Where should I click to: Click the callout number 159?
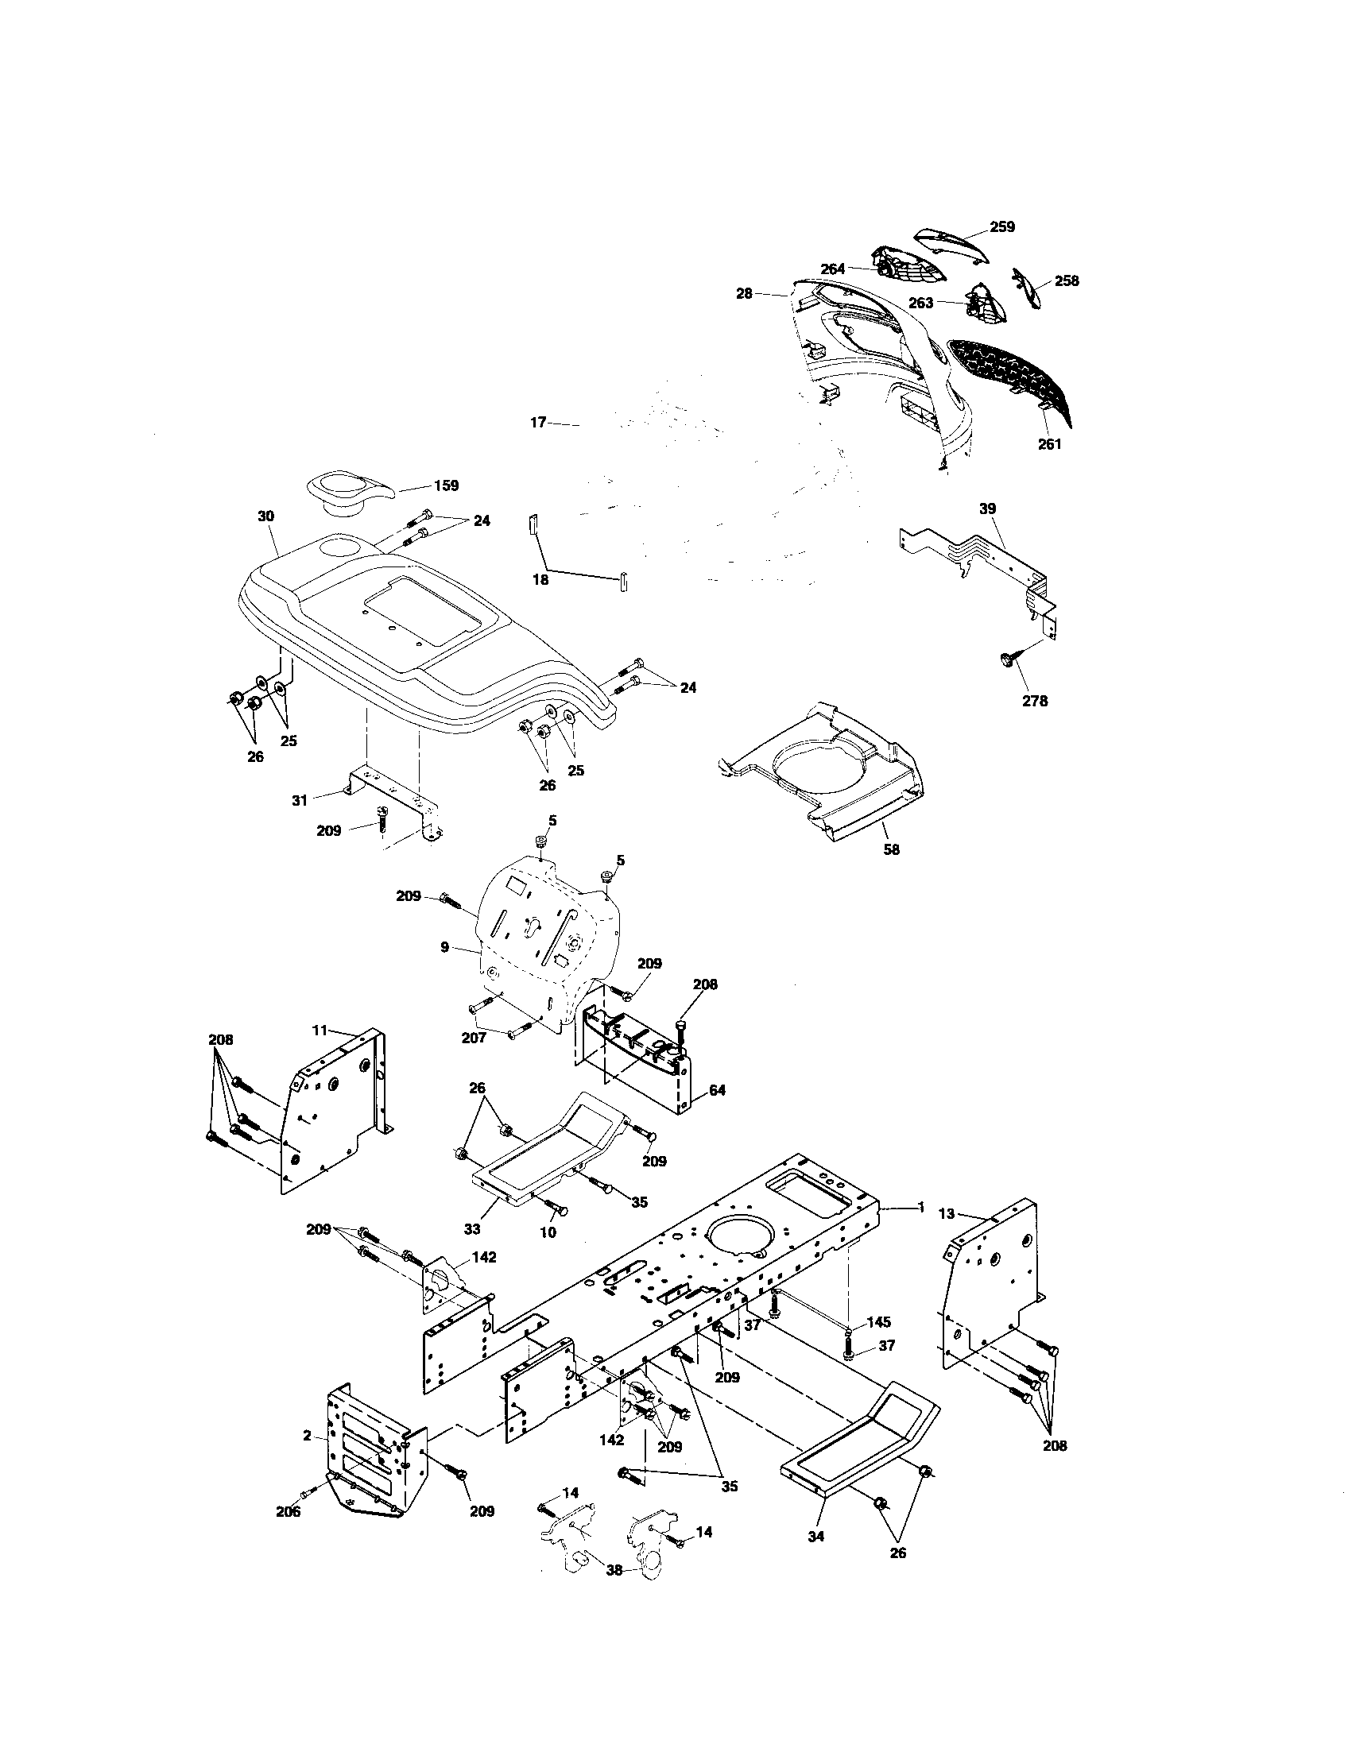(446, 485)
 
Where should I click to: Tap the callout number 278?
(1034, 701)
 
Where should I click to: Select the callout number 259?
(1002, 226)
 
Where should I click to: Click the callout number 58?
(891, 849)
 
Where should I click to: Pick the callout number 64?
(717, 1090)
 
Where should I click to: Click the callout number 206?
(289, 1511)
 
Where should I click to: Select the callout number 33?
(472, 1228)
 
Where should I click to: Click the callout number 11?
(320, 1030)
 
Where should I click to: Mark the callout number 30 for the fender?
(265, 516)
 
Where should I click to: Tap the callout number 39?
(988, 509)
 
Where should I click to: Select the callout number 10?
(548, 1255)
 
